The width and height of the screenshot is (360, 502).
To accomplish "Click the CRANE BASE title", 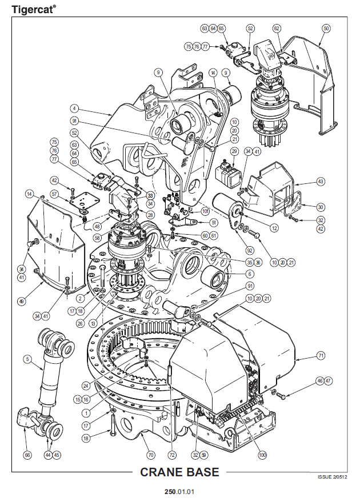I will pyautogui.click(x=179, y=472).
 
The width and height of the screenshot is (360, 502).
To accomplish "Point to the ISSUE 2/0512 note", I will pyautogui.click(x=333, y=477).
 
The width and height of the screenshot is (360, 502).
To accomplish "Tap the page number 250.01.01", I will pyautogui.click(x=179, y=491).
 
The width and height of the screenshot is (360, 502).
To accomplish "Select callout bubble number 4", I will pyautogui.click(x=74, y=107).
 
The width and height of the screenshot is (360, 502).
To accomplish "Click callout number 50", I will pyautogui.click(x=326, y=27).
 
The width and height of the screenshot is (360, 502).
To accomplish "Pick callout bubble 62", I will pyautogui.click(x=277, y=27).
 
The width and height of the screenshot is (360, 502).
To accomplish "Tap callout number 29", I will pyautogui.click(x=234, y=151).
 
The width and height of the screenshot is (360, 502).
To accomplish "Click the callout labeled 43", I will pyautogui.click(x=321, y=182).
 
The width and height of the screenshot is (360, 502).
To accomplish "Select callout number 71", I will pyautogui.click(x=321, y=356).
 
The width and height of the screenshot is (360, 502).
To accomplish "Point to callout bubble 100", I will pyautogui.click(x=262, y=455).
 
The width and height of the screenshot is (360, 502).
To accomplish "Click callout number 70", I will pyautogui.click(x=151, y=455).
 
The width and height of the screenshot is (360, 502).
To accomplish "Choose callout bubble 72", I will pyautogui.click(x=172, y=455).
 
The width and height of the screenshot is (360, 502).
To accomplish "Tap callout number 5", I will pyautogui.click(x=26, y=359).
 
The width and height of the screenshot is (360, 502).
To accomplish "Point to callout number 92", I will pyautogui.click(x=234, y=250).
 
